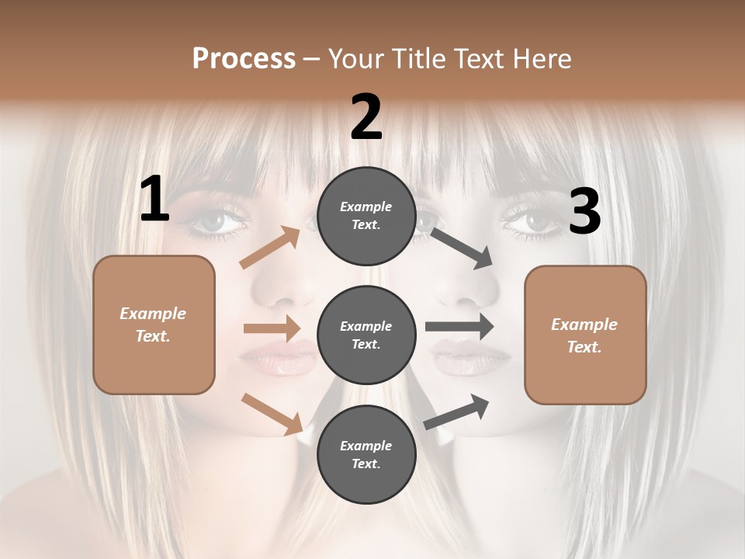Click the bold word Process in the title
point(244,59)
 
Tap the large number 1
point(154,200)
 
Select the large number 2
point(366,117)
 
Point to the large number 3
point(584,211)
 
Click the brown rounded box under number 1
point(154,325)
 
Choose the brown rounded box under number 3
point(585,335)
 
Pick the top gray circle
point(366,216)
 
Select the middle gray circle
point(366,335)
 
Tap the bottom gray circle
point(366,454)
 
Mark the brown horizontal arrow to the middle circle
point(272,328)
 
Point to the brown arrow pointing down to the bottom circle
point(272,413)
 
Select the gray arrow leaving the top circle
point(462,248)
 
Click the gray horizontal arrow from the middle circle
point(459,326)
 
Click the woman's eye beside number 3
point(532,219)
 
